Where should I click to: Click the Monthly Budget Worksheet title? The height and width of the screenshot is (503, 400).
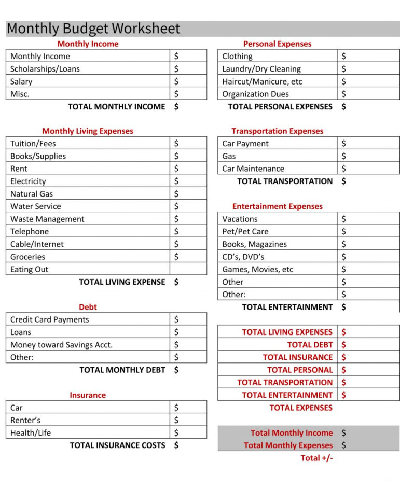pos(93,29)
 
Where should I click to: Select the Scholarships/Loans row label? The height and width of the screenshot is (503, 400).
pos(45,69)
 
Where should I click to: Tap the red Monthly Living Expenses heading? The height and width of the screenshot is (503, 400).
pos(88,131)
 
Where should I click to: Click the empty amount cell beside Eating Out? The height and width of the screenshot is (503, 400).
pos(188,269)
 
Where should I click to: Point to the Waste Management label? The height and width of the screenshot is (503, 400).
pos(47,219)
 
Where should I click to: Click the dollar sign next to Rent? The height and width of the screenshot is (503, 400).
pos(176,169)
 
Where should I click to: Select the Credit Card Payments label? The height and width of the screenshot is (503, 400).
pos(50,320)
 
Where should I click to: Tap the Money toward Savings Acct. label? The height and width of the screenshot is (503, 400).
pos(61,345)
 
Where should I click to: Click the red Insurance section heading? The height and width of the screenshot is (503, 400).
pos(88,395)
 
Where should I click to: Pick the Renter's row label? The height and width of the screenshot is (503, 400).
pos(25,421)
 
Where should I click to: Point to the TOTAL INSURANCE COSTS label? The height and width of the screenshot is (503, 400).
pos(117,445)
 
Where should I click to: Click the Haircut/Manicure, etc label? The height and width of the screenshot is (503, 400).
pos(262,82)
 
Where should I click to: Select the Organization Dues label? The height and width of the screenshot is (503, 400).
pos(255,94)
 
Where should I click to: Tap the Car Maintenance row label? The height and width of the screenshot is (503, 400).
pos(253,169)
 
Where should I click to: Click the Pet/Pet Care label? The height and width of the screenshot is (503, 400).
pos(245,232)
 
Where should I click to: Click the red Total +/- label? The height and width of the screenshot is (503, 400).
pos(316,458)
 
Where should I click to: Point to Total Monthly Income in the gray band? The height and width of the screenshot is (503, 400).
pos(292,433)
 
